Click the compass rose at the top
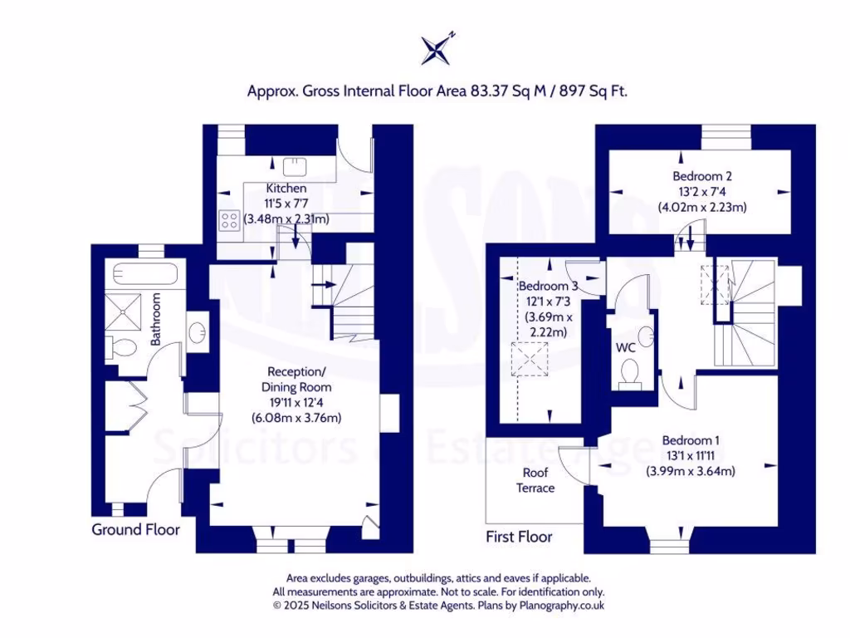437,50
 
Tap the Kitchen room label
286,189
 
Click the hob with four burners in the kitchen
229,220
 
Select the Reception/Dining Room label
297,379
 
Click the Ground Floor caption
135,529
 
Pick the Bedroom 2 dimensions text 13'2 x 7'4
702,192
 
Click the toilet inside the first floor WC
631,373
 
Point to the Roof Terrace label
535,480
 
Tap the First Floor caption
519,537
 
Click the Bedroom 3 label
544,287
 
